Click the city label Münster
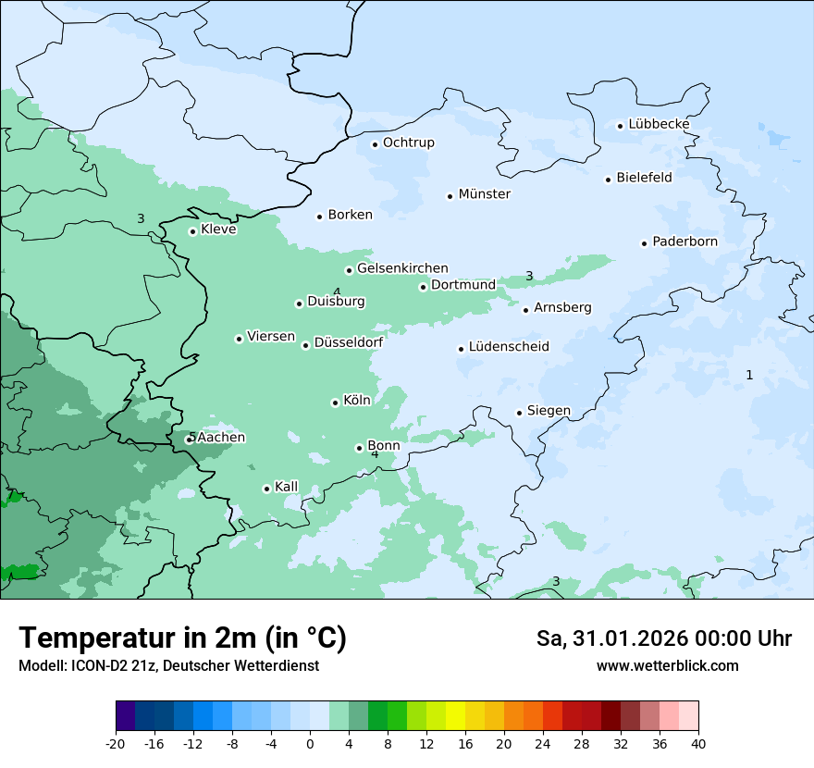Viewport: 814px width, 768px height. click(485, 194)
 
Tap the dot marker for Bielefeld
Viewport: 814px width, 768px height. click(609, 180)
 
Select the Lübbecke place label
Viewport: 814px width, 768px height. click(659, 124)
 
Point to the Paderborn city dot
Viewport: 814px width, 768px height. click(644, 243)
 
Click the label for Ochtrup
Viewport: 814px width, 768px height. click(408, 142)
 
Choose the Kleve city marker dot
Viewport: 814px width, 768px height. click(192, 231)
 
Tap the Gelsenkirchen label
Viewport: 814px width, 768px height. click(402, 268)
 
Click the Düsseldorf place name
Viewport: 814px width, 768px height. click(349, 343)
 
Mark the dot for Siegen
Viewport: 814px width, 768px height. click(520, 413)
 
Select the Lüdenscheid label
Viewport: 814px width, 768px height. click(509, 347)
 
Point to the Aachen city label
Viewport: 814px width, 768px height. click(221, 438)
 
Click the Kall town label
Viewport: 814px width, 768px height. click(287, 487)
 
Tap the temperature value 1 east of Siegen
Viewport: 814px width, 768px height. click(749, 375)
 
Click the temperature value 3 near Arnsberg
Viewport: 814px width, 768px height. click(529, 276)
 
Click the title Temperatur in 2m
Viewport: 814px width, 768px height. click(182, 638)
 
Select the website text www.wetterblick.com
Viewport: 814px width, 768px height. click(667, 666)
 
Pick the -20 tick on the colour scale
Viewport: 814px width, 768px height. click(116, 744)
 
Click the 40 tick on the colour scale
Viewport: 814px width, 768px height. click(698, 744)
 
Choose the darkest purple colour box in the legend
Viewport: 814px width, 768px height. click(125, 716)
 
